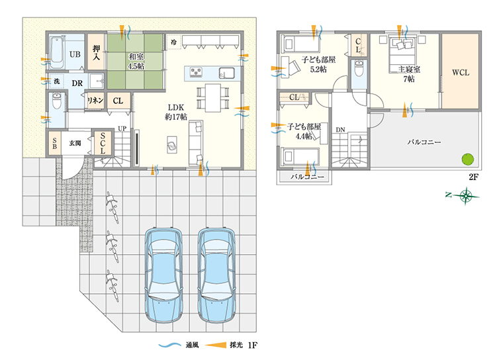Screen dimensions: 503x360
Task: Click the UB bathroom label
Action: coord(75,54)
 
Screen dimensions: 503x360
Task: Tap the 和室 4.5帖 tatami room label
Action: coord(136,62)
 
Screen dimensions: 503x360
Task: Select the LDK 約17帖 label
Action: coord(176,112)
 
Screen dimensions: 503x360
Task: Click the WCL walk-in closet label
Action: coord(461,73)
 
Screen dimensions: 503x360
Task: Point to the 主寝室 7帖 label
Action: coord(409,74)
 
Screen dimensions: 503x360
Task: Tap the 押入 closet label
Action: coord(96,53)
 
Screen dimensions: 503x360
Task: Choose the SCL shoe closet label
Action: coord(103,143)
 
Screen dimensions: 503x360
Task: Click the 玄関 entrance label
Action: coord(75,143)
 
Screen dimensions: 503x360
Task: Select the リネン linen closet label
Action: coord(95,101)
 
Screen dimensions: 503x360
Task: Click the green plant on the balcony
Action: coord(467,159)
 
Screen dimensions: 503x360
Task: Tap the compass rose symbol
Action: coord(465,196)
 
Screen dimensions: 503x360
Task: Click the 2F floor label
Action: coord(473,177)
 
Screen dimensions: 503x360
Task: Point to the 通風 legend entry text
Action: coord(192,345)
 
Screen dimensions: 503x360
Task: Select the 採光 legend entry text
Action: coord(236,345)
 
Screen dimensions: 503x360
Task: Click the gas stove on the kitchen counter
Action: coord(196,72)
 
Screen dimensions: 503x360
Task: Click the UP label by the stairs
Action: coord(122,128)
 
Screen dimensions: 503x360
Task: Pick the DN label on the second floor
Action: coord(340,130)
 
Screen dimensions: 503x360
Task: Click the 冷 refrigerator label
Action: coord(173,42)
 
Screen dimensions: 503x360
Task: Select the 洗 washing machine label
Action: coord(56,81)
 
